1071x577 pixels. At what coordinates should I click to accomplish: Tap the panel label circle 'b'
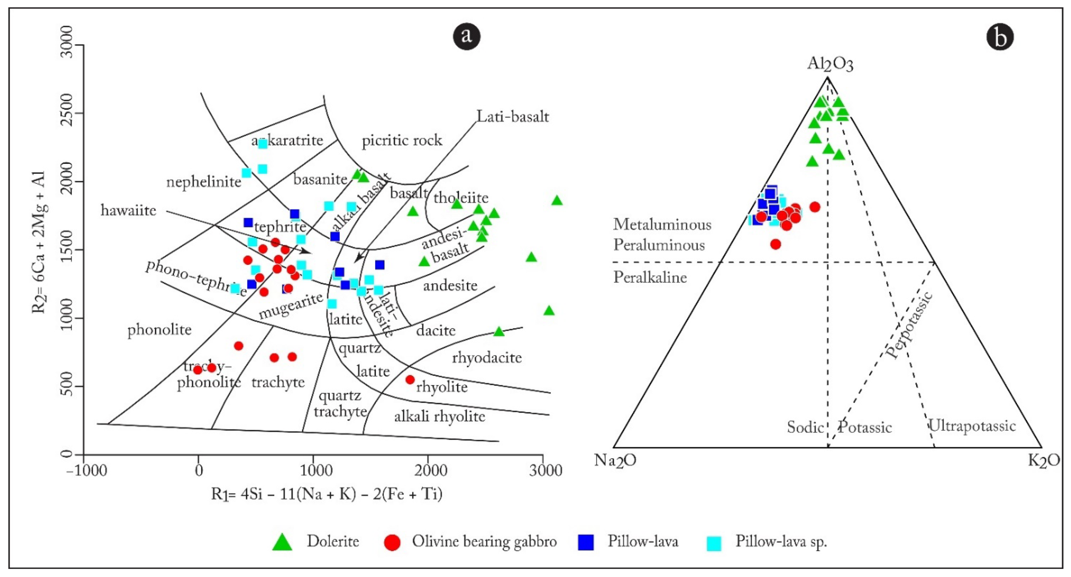[1000, 37]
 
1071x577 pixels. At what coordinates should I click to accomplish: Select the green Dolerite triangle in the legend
[282, 542]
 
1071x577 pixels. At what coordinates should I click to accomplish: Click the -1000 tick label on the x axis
[86, 471]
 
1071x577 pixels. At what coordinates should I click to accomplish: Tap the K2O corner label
[1044, 461]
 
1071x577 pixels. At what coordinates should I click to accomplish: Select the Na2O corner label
[615, 461]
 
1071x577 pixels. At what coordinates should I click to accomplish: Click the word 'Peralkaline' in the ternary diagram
[650, 277]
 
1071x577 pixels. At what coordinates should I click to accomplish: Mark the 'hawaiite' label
[128, 211]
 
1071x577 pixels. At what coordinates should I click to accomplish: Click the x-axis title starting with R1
[327, 494]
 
